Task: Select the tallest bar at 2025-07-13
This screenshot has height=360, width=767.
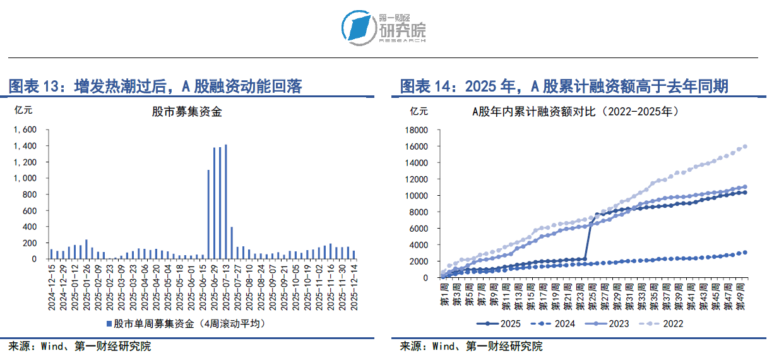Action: pos(226,201)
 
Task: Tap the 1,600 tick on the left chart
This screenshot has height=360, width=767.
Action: pos(25,129)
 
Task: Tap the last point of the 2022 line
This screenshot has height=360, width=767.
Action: pos(746,147)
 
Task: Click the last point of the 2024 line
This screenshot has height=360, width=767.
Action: pos(746,252)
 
